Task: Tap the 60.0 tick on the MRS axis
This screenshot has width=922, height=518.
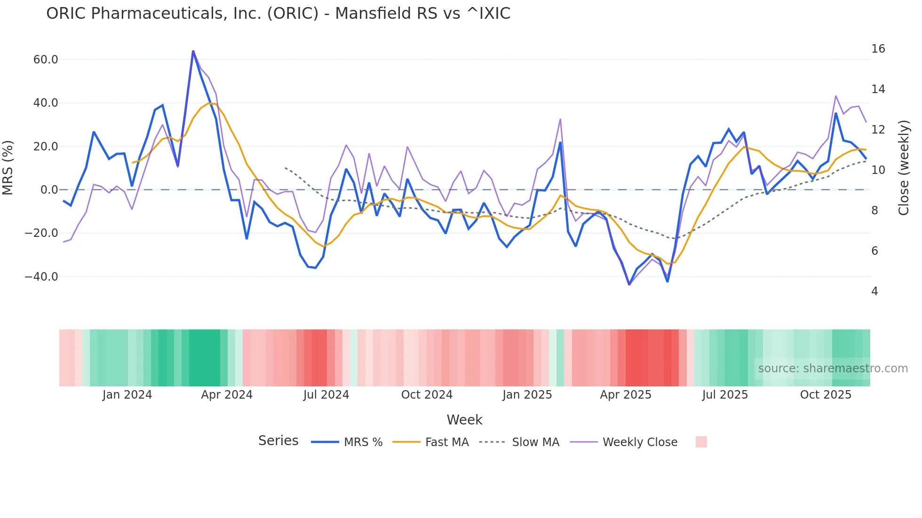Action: (46, 60)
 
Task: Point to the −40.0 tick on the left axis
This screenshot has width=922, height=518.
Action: (41, 277)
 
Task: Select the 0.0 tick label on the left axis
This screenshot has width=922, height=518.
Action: (49, 190)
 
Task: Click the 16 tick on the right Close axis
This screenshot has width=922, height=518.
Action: (878, 49)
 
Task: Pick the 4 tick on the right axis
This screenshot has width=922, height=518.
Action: (874, 291)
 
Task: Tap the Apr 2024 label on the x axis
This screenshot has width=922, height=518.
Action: (227, 395)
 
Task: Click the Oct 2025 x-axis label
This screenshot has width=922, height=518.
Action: (826, 395)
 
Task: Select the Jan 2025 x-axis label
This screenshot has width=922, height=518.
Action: (527, 395)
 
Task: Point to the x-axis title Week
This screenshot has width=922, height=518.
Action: (464, 420)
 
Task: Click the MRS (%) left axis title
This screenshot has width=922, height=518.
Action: (8, 168)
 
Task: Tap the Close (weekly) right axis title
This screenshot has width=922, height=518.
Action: (903, 168)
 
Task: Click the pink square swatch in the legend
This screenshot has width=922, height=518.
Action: (701, 442)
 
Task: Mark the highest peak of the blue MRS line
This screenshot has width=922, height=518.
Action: (193, 51)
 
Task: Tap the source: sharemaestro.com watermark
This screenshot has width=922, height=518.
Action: (833, 369)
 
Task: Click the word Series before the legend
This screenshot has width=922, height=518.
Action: (278, 441)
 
